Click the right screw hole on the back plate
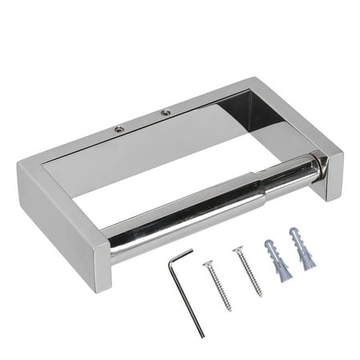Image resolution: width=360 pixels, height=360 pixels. pyautogui.click(x=165, y=111)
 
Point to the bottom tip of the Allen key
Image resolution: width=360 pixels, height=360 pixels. pyautogui.click(x=203, y=335)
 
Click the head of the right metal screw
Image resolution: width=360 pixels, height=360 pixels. pyautogui.click(x=238, y=250)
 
